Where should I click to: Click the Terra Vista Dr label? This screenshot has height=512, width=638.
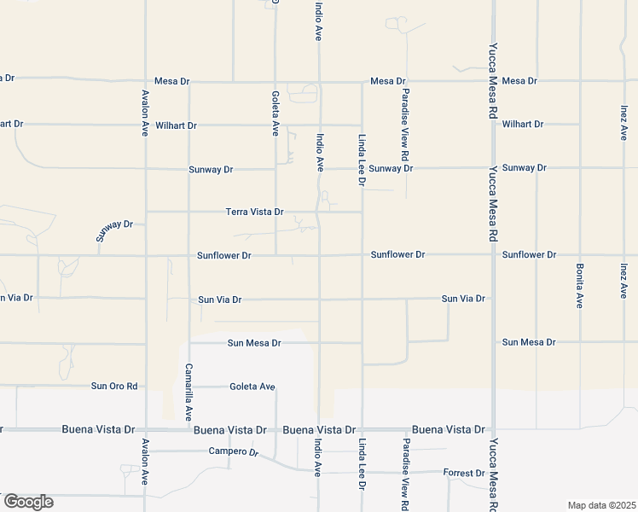coord(254,212)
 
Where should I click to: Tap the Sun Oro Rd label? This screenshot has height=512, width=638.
coord(114,386)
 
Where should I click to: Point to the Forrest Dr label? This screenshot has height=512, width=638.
coord(463,473)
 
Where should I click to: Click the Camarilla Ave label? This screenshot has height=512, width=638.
coord(188,392)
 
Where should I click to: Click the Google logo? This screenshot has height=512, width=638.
coord(27,502)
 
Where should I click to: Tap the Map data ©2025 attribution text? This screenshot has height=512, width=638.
coord(601,505)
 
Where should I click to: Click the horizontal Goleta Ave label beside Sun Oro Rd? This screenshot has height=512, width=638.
coord(252,387)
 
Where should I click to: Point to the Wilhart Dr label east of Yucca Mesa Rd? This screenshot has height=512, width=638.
coord(523,124)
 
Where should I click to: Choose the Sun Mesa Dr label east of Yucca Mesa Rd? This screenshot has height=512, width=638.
coord(528,342)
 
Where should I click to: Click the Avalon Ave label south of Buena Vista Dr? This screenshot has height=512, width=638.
coord(146,468)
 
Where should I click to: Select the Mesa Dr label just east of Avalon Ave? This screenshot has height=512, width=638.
coord(172,81)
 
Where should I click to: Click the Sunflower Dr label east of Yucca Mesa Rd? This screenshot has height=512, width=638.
coord(529,254)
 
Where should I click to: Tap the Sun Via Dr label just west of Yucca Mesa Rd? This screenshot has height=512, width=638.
coord(463,299)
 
